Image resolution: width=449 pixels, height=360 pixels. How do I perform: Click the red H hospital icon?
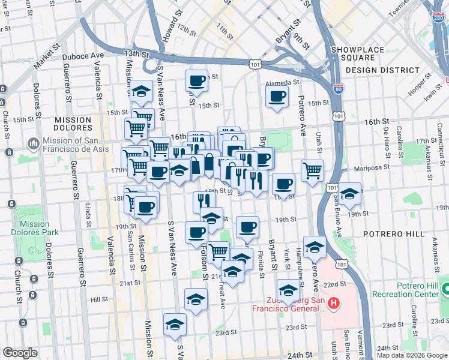335,304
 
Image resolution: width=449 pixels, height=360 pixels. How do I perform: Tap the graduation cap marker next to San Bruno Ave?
350,194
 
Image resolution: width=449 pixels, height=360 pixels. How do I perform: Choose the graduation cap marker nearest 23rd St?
175,324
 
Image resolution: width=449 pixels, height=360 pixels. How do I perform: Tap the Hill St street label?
99,298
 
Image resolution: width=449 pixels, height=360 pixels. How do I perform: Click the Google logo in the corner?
20,353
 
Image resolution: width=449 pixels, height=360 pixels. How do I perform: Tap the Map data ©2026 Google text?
411,355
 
